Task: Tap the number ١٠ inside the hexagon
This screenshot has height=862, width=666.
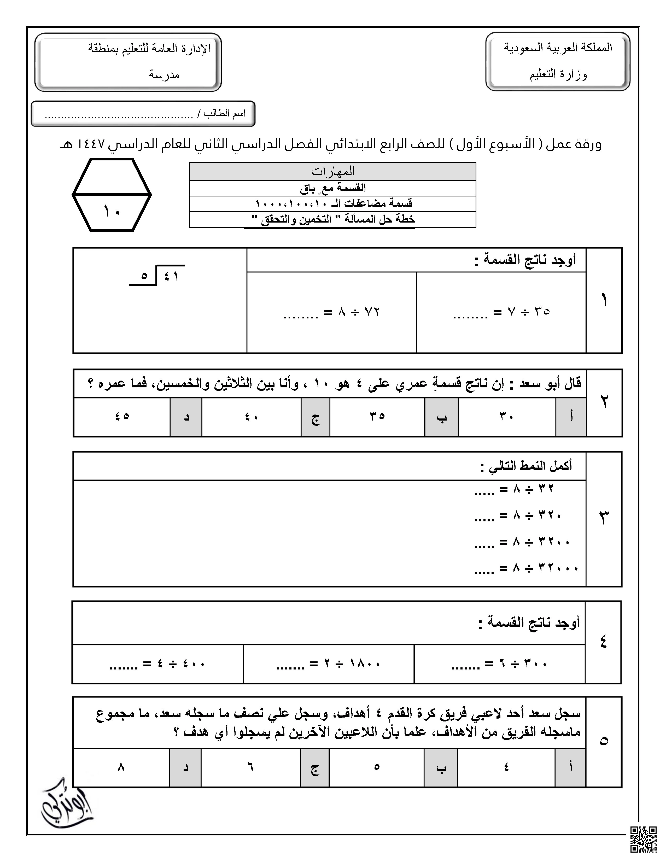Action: point(112,211)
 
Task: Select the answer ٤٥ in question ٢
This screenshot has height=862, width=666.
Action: point(122,416)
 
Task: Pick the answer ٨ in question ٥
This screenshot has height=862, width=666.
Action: point(121,767)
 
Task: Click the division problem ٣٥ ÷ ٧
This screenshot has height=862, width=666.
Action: point(501,312)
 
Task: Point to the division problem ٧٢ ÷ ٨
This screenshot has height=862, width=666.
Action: point(331,312)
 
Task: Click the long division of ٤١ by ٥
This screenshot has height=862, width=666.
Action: point(158,275)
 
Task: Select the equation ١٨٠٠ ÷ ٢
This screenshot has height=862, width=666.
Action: point(328,664)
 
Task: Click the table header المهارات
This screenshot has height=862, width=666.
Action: point(332,172)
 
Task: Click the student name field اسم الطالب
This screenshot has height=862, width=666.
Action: point(144,114)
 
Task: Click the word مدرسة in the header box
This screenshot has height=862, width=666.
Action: point(164,74)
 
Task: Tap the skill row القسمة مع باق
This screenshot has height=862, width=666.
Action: point(332,188)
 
